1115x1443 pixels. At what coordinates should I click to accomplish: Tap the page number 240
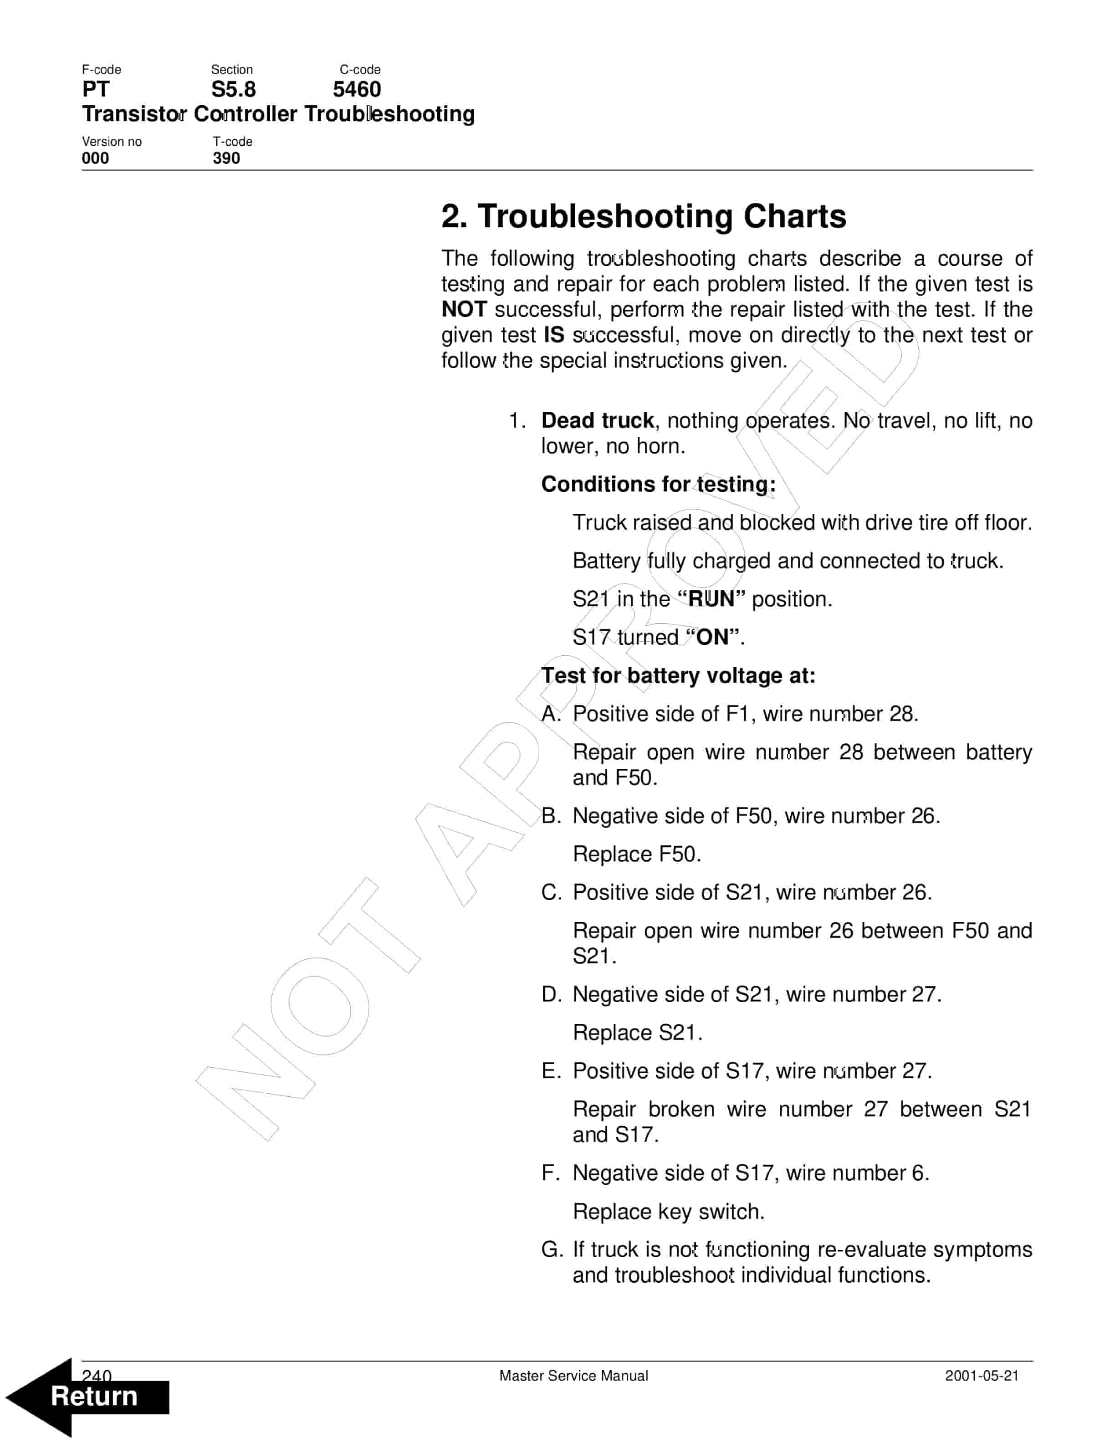pyautogui.click(x=97, y=1376)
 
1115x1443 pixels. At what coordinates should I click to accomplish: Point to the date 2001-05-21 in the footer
pyautogui.click(x=982, y=1376)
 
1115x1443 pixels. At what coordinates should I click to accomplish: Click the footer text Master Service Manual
pyautogui.click(x=573, y=1376)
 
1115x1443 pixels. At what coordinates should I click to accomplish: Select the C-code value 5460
pyautogui.click(x=357, y=89)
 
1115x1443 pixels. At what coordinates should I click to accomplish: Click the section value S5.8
pyautogui.click(x=233, y=89)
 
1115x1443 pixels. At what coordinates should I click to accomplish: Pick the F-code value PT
pyautogui.click(x=96, y=89)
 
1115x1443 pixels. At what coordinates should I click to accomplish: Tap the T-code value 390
pyautogui.click(x=226, y=158)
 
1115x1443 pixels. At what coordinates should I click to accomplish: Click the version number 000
pyautogui.click(x=96, y=158)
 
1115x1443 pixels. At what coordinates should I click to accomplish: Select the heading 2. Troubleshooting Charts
pyautogui.click(x=644, y=216)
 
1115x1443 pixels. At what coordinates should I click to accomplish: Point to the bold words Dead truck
pyautogui.click(x=597, y=420)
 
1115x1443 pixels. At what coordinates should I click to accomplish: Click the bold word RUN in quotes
pyautogui.click(x=711, y=599)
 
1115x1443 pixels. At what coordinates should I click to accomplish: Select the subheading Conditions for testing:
pyautogui.click(x=658, y=484)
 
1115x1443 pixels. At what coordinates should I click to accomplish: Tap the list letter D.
pyautogui.click(x=551, y=994)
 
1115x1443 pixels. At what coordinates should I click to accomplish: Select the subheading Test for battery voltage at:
pyautogui.click(x=678, y=675)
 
